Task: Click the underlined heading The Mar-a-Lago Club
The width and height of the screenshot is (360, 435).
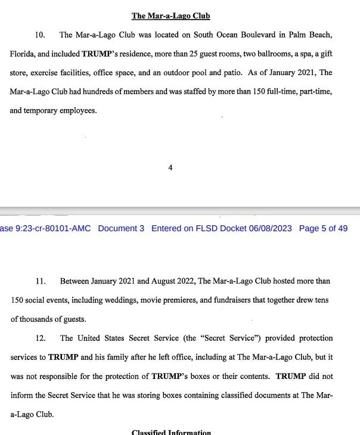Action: tap(170, 15)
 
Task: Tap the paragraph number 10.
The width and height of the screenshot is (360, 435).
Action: tap(42, 35)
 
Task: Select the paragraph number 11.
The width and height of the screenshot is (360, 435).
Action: tap(41, 281)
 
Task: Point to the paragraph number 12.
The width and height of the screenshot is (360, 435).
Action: tap(41, 338)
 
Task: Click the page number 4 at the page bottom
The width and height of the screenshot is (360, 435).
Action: tap(170, 168)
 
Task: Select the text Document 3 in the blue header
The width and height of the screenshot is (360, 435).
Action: tap(121, 228)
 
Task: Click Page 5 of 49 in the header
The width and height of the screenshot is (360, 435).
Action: tap(323, 228)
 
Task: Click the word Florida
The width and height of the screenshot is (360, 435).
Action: tap(22, 54)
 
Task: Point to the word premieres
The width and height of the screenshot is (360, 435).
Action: tap(175, 300)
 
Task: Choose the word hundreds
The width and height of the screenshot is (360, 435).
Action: tap(96, 92)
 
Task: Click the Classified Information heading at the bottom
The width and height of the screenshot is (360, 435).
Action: tap(171, 432)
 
